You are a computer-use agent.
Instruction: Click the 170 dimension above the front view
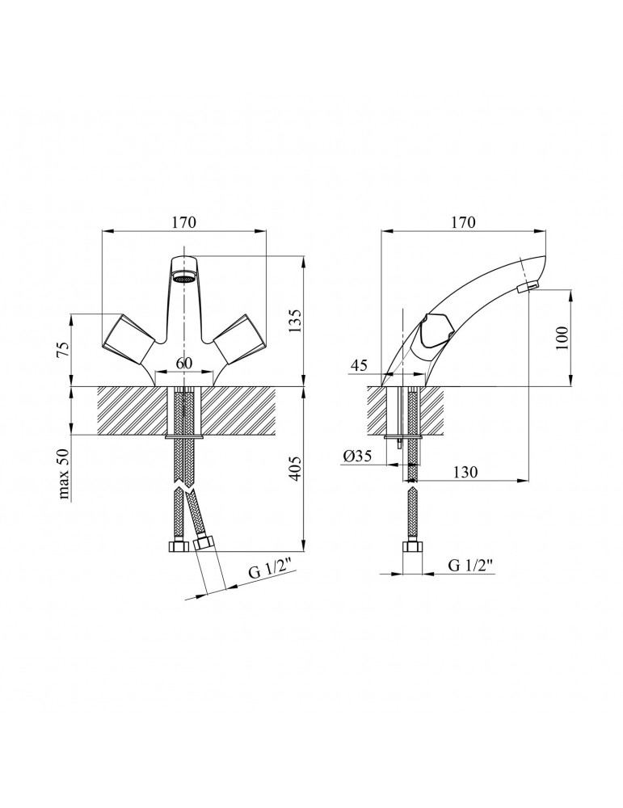tap(184, 222)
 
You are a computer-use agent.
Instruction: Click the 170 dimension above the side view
tap(461, 222)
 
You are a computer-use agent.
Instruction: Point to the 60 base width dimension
tap(184, 363)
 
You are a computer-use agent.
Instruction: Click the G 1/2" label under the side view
tap(471, 566)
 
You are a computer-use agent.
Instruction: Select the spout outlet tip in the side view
tap(527, 288)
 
